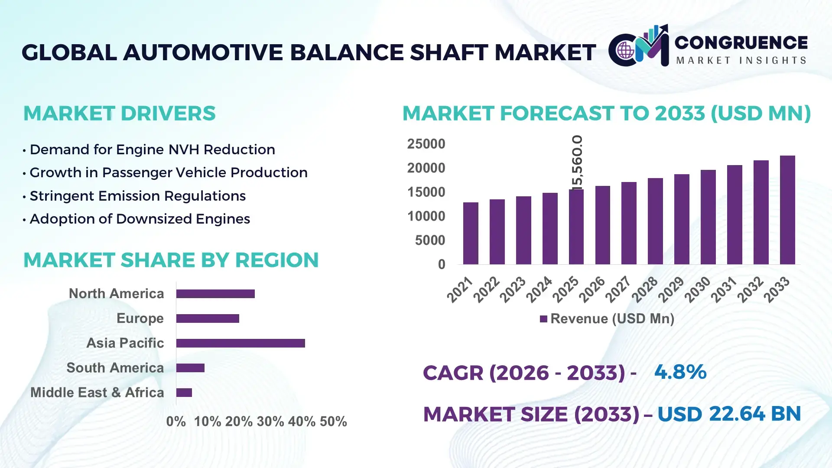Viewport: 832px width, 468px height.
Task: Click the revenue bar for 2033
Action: pos(787,210)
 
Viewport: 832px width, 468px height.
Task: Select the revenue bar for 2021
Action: pos(471,234)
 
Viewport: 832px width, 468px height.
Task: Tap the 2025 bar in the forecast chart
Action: pos(576,227)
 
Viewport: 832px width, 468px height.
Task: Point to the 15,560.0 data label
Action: pos(577,162)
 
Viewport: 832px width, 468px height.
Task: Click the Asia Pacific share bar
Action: pos(240,343)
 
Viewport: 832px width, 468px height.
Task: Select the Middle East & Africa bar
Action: pos(184,393)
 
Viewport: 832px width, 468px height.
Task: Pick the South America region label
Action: pos(115,368)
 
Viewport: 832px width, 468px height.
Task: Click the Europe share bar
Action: pos(208,318)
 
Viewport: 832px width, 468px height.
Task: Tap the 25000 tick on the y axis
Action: pos(426,144)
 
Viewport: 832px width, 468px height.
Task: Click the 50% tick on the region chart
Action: pos(333,422)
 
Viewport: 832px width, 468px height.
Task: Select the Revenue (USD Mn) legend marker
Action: pos(543,319)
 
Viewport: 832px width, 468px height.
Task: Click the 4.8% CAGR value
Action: pos(680,372)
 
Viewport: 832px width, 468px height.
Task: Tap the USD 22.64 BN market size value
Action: pos(729,414)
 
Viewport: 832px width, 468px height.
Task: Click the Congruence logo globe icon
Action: pos(625,51)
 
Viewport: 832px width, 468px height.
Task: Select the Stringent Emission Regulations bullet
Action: pos(137,196)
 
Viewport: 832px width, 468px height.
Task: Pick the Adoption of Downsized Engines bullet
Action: pos(140,219)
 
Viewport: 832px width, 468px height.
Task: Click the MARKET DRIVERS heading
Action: pos(119,114)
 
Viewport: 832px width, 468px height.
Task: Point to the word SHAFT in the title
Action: pos(449,52)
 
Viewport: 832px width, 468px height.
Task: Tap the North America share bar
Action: pos(215,294)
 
